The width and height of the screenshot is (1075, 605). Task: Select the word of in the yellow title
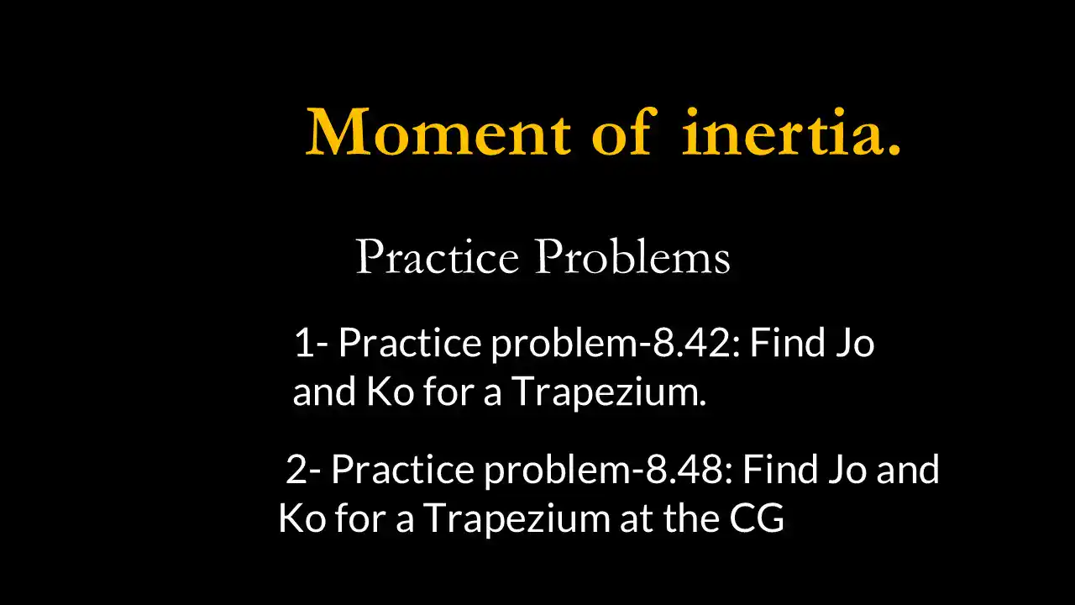tap(621, 132)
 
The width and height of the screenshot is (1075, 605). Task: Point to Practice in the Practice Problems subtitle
tap(437, 256)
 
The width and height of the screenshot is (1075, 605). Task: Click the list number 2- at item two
tap(303, 469)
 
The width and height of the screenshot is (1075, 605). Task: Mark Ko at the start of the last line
tap(302, 518)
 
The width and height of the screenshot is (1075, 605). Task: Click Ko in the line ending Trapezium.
tap(390, 392)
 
